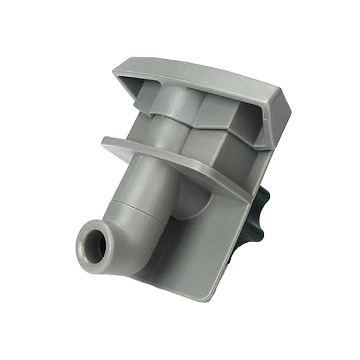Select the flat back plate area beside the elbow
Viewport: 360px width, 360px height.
(202, 252)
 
